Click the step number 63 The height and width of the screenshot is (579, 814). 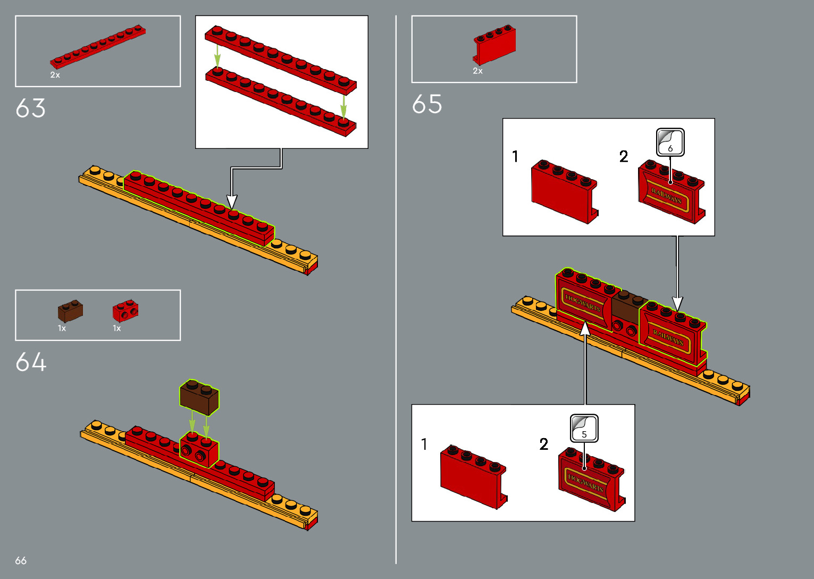tap(31, 108)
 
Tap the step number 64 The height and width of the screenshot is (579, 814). tap(31, 362)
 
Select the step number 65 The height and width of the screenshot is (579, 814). tap(427, 104)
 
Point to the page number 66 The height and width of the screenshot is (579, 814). tap(21, 560)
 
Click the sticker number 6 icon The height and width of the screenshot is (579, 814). tap(670, 142)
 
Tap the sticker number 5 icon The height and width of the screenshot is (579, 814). tap(584, 429)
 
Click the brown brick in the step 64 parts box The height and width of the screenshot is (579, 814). tap(70, 312)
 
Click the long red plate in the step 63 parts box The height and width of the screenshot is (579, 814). tap(98, 47)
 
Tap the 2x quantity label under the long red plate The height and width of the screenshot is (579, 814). tap(55, 75)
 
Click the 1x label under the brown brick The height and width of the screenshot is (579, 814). tap(62, 329)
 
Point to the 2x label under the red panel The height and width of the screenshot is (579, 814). tap(478, 71)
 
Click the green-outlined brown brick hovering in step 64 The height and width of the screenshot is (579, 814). tap(199, 397)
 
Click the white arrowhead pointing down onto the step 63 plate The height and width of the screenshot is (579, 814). tap(232, 202)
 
